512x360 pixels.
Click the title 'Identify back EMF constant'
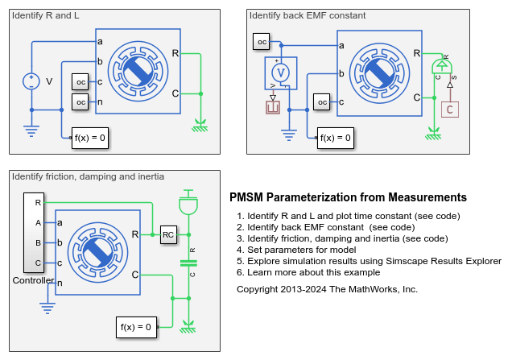307,15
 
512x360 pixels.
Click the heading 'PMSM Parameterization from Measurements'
348,197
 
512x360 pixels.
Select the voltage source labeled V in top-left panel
31,81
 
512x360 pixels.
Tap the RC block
168,234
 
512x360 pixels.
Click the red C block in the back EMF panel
450,109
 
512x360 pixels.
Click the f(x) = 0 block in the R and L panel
89,137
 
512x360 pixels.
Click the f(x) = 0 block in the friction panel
134,327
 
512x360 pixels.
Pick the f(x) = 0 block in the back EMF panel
336,138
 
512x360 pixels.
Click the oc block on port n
81,102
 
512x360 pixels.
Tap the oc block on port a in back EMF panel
262,41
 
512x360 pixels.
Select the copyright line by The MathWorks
327,288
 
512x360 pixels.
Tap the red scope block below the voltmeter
272,105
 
